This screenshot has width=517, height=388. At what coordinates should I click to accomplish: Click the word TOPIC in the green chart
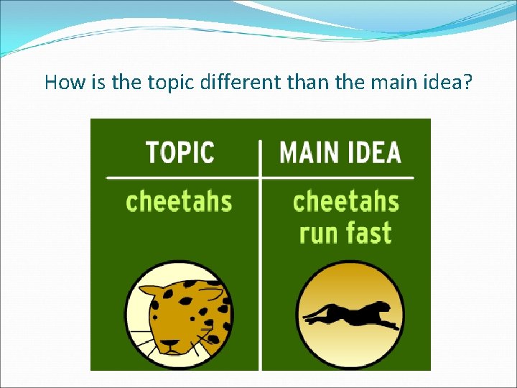pos(180,153)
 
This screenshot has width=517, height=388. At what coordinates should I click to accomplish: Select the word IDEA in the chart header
pos(374,153)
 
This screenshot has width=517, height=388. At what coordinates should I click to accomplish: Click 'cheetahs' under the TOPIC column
pos(179,200)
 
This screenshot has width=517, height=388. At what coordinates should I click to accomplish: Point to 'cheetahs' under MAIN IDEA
pos(345,200)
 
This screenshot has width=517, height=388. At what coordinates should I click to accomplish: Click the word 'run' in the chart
pos(320,234)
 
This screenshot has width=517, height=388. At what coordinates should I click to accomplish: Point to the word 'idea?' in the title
pos(447,83)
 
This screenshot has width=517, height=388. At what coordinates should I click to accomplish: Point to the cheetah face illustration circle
pos(178,316)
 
